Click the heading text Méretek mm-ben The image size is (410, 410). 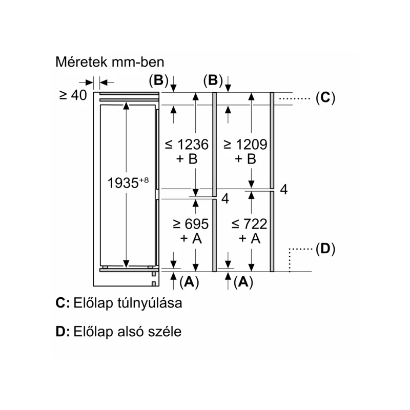pyautogui.click(x=110, y=62)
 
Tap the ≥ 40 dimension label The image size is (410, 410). pyautogui.click(x=73, y=95)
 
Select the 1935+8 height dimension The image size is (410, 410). pyautogui.click(x=128, y=182)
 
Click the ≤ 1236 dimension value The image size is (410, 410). pyautogui.click(x=187, y=145)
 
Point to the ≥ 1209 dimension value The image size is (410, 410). pyautogui.click(x=245, y=145)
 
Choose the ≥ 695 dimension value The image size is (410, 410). pyautogui.click(x=191, y=224)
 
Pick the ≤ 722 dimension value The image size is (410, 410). pyautogui.click(x=249, y=224)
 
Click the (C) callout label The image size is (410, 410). pyautogui.click(x=325, y=98)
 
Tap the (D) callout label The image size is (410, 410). pyautogui.click(x=325, y=249)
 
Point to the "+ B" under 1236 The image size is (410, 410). pyautogui.click(x=187, y=159)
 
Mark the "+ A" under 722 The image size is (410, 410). pyautogui.click(x=250, y=238)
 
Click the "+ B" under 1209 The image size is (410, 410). pyautogui.click(x=245, y=159)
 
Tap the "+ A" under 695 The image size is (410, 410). pyautogui.click(x=191, y=238)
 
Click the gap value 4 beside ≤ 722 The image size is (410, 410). pyautogui.click(x=284, y=189)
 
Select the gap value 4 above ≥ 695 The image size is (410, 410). pyautogui.click(x=225, y=198)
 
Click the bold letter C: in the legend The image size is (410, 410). pyautogui.click(x=63, y=303)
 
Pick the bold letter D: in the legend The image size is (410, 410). pyautogui.click(x=63, y=331)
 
